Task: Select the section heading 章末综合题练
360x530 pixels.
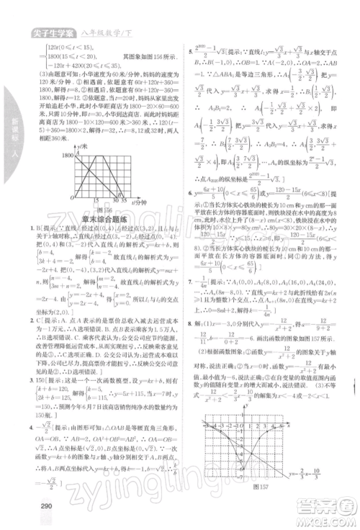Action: point(94,217)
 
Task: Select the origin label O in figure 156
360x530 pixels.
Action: point(73,196)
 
